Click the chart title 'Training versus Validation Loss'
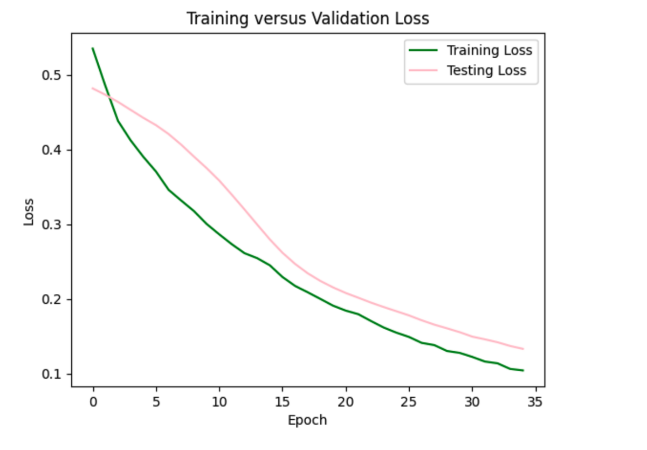pyautogui.click(x=308, y=19)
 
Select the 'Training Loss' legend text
pyautogui.click(x=489, y=51)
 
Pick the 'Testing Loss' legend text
pyautogui.click(x=486, y=71)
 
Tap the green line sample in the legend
pyautogui.click(x=423, y=51)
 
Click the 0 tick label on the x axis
pyautogui.click(x=93, y=403)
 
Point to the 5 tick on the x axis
pyautogui.click(x=156, y=403)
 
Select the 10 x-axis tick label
pyautogui.click(x=219, y=403)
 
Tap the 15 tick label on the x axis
pyautogui.click(x=283, y=403)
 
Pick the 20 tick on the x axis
pyautogui.click(x=346, y=403)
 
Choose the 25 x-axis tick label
pyautogui.click(x=409, y=403)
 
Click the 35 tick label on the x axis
pyautogui.click(x=535, y=403)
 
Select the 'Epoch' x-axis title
pyautogui.click(x=307, y=420)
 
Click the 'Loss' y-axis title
pyautogui.click(x=29, y=212)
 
